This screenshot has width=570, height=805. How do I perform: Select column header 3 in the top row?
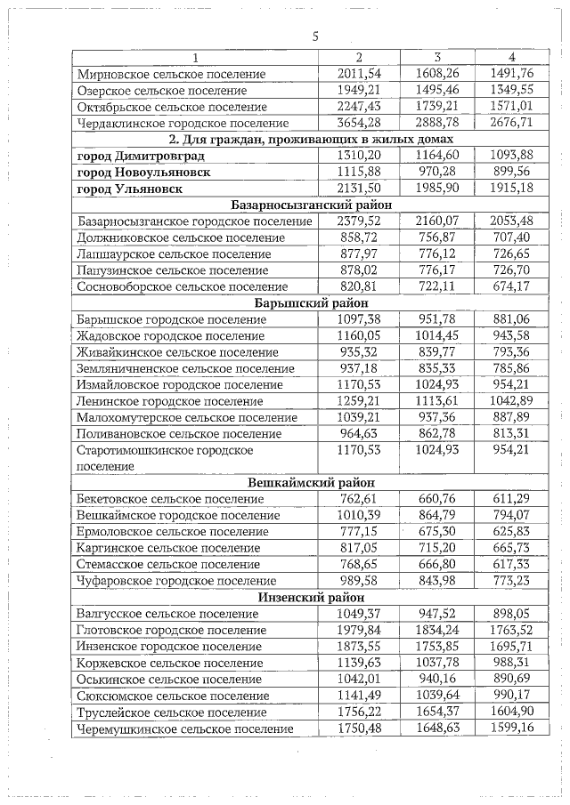point(437,58)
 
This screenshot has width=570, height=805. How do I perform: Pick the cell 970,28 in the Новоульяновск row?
point(437,172)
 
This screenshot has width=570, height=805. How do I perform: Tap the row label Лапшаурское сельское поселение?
point(167,254)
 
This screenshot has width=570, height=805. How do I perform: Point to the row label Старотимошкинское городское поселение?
point(165,458)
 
